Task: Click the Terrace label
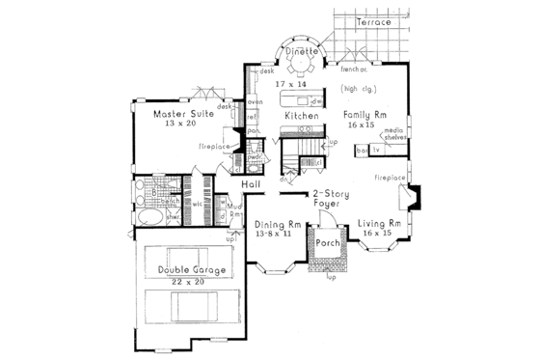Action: [x=371, y=21]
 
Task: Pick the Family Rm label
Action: [x=366, y=114]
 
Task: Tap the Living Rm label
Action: [x=380, y=224]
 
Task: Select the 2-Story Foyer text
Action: [x=328, y=197]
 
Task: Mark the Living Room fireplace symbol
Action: [x=412, y=198]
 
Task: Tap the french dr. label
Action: [x=354, y=69]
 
